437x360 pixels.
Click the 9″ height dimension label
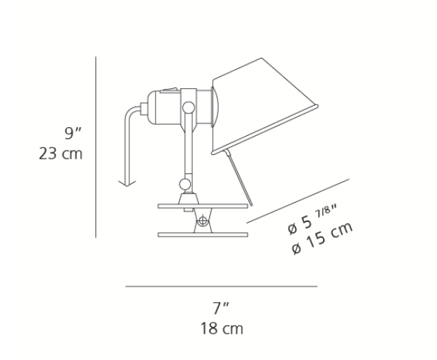tap(73, 133)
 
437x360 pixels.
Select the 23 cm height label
tap(61, 154)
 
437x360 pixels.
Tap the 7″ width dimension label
tap(221, 308)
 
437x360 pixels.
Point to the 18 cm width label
tap(222, 328)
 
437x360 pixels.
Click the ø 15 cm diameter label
tap(322, 239)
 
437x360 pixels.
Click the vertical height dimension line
tap(96, 147)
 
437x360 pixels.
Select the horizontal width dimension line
tap(221, 287)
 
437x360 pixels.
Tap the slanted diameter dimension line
tap(297, 201)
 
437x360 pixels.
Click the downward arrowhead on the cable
tap(127, 183)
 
